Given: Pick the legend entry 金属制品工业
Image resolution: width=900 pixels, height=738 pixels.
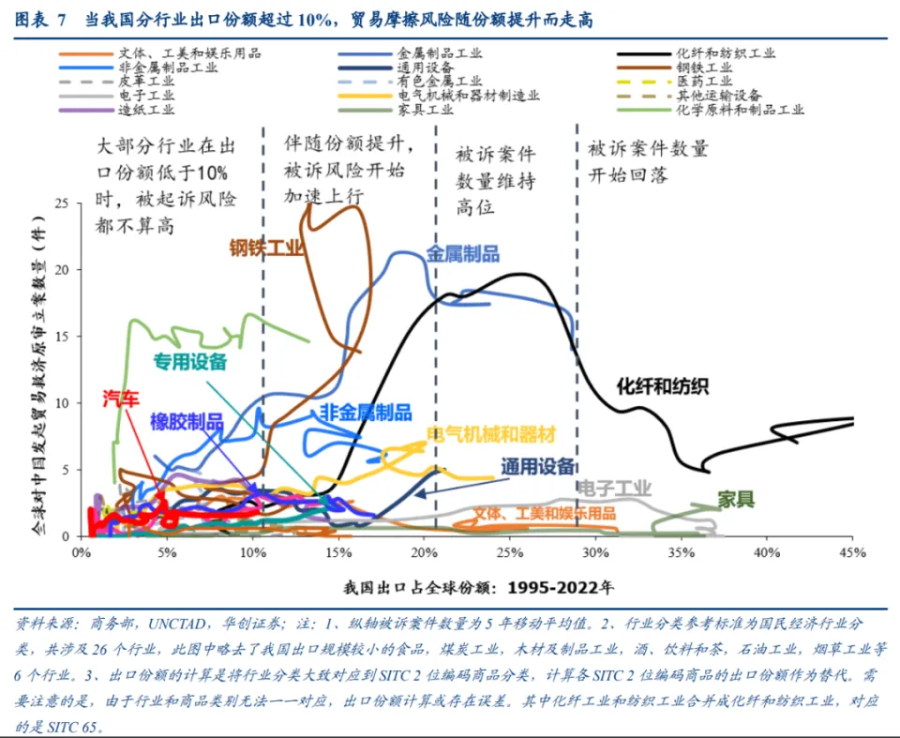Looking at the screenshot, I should point(440,53).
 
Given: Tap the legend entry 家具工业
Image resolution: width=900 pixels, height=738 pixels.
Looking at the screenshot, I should point(426,110).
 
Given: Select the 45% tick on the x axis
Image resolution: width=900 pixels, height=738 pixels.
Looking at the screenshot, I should point(851,551).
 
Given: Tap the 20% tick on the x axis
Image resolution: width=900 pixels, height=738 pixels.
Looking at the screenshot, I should point(423,551).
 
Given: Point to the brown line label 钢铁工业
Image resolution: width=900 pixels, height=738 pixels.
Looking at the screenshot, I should point(267,248).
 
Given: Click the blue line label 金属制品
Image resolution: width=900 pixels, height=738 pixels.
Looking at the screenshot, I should point(462,254).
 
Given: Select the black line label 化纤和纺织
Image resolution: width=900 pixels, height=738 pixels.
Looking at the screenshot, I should point(662,385).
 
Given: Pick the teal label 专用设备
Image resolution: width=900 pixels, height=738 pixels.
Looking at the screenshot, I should point(190,362).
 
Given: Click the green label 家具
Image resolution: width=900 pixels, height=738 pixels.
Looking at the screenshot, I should point(736,499).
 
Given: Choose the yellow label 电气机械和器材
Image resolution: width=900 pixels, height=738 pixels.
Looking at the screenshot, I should point(491,434).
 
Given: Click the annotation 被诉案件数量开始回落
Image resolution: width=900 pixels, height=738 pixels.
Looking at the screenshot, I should point(647,162).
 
